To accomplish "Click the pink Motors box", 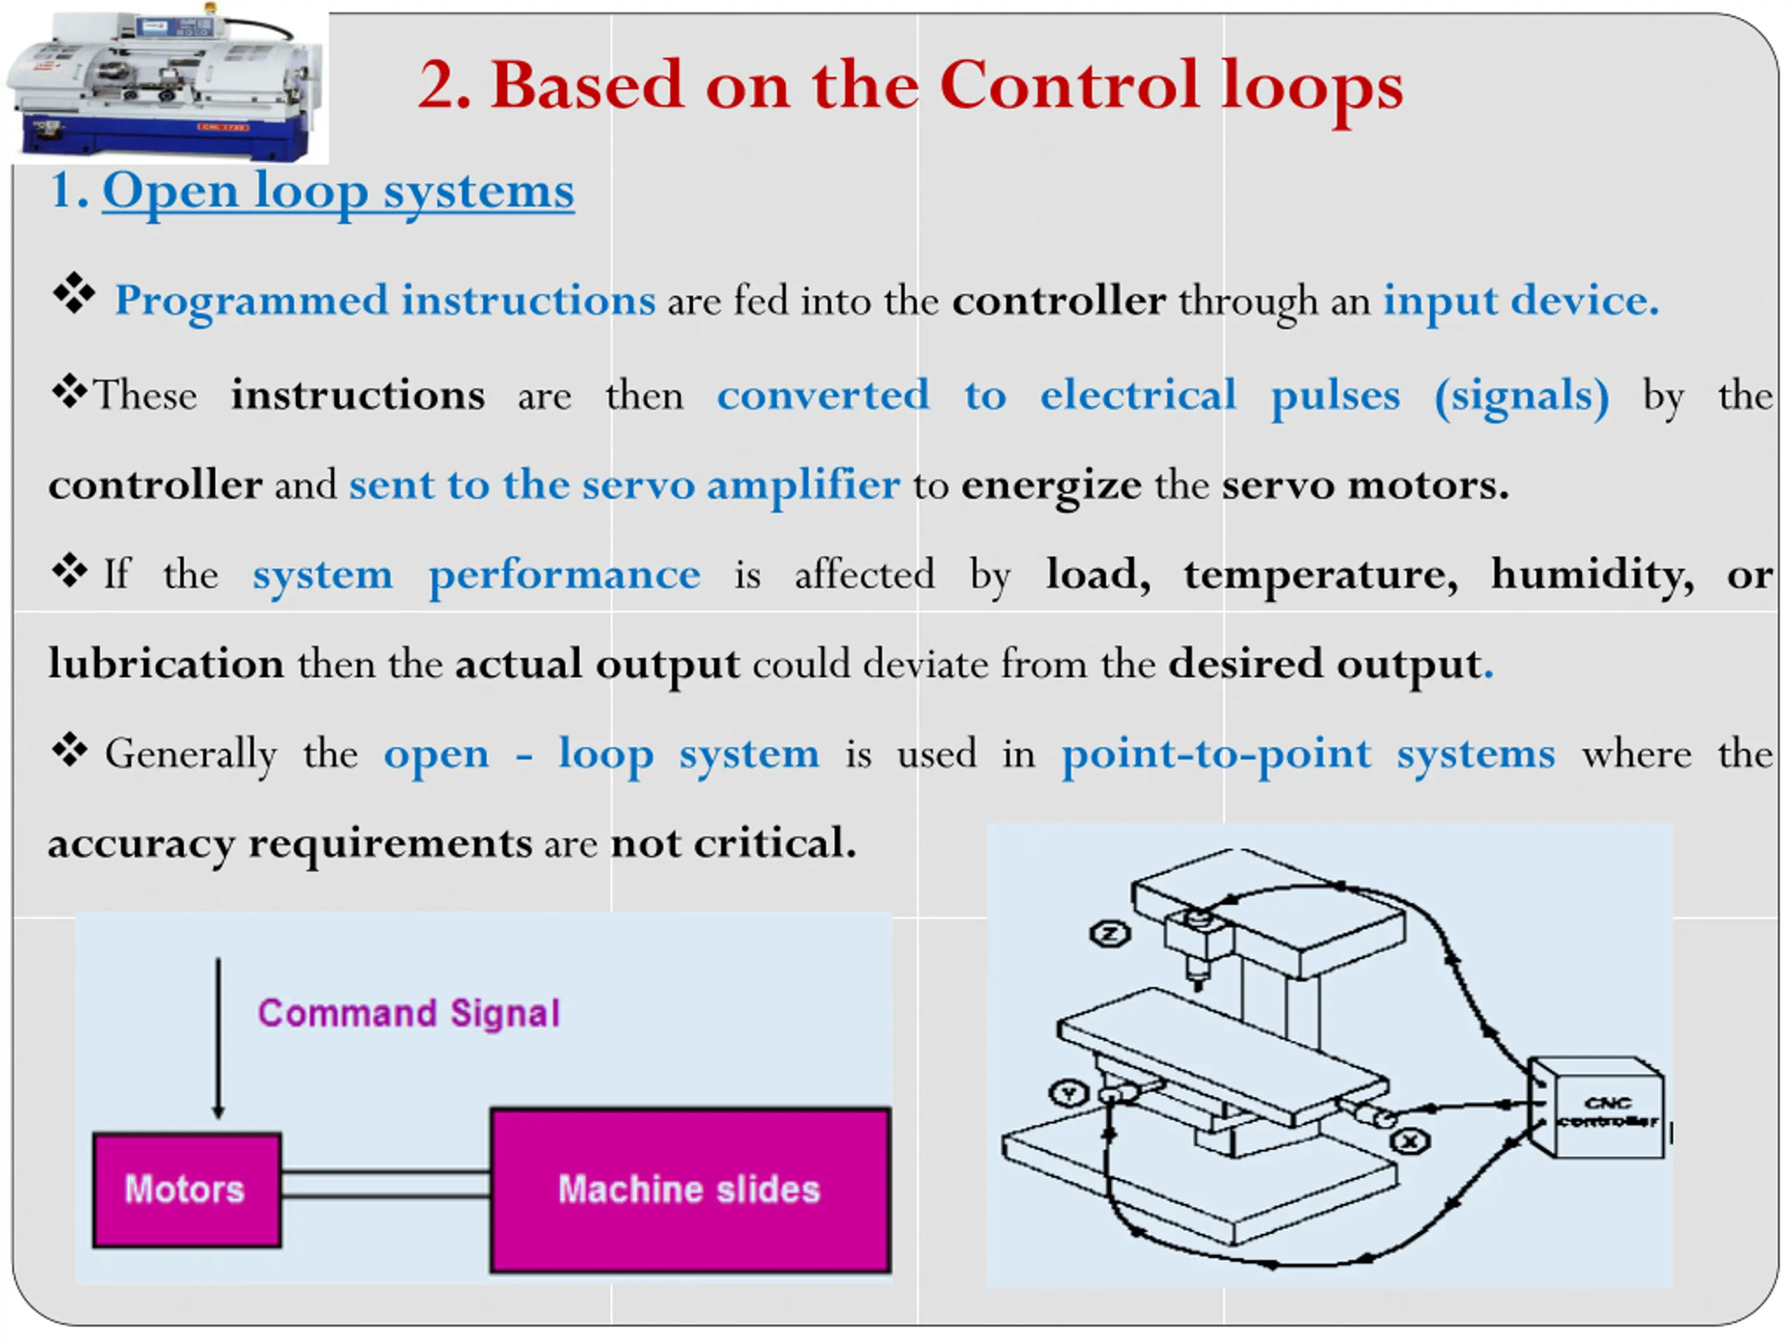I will point(186,1189).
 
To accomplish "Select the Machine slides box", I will point(689,1189).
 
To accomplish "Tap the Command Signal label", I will point(408,1014).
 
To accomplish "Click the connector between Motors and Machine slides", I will point(386,1184).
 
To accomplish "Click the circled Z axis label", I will point(1109,934).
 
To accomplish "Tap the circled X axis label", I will point(1410,1142).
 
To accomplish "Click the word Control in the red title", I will point(1069,85).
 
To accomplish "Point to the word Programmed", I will point(252,300).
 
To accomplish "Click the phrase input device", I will point(1520,300).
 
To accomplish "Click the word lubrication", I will point(166,664).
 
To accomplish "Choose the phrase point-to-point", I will point(1216,754).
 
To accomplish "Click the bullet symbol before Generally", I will point(71,751).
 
